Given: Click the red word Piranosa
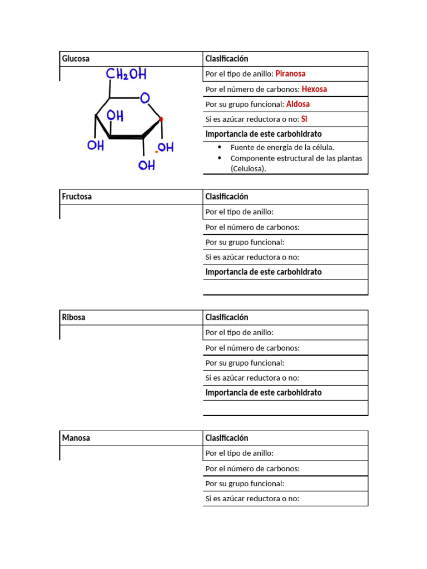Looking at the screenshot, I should (x=290, y=74).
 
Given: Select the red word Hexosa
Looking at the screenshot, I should (x=314, y=89).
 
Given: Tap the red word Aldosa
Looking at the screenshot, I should (x=298, y=104).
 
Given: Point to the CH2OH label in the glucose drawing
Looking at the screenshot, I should (x=126, y=74).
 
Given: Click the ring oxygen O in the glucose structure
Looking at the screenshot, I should (x=145, y=98).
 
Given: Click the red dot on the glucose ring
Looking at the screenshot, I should (x=161, y=119).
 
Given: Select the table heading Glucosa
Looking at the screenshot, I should (x=76, y=59).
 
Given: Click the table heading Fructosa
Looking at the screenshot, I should (x=77, y=197).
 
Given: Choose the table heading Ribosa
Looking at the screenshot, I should (x=74, y=317).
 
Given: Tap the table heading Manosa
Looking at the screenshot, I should (x=76, y=438).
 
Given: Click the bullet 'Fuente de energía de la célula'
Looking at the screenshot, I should (x=282, y=148).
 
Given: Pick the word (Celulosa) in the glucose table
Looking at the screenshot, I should (x=249, y=168).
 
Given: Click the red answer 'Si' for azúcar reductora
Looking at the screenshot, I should (x=304, y=119).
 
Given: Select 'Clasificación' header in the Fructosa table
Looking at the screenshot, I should (x=226, y=197).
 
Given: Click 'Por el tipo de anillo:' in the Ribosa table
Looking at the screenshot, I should (x=239, y=332).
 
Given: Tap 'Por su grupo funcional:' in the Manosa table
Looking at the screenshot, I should (x=245, y=483).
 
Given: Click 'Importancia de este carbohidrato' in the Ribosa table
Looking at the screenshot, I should (x=264, y=393).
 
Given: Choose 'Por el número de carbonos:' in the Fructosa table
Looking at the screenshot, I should (x=252, y=227).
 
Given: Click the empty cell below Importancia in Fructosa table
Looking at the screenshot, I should (x=285, y=287).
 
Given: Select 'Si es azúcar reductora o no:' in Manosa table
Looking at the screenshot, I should (x=252, y=498).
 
